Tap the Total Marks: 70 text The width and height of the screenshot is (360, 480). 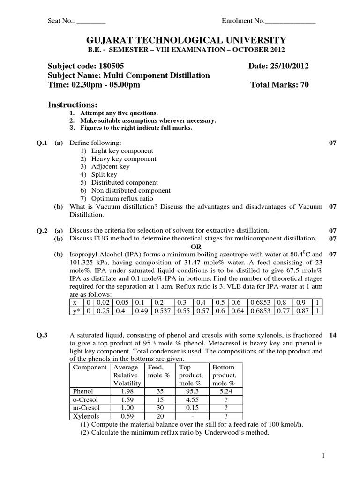point(280,85)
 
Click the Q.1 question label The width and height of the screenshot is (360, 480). point(42,142)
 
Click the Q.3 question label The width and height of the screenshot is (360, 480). point(42,335)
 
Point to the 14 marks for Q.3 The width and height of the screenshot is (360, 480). point(333,335)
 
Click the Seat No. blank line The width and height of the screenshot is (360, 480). point(91,21)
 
